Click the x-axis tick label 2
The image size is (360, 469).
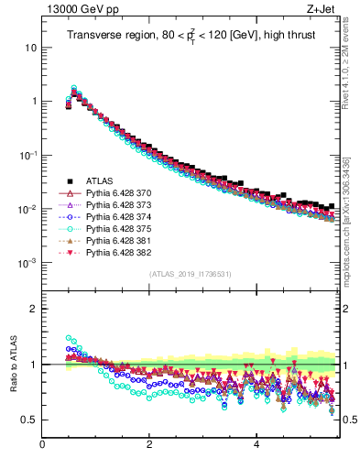click(x=149, y=446)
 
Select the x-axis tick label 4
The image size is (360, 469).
click(x=256, y=446)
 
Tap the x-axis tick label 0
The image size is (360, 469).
click(x=42, y=446)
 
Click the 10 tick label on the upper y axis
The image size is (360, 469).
click(x=30, y=47)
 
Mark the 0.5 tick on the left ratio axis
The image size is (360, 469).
click(x=29, y=420)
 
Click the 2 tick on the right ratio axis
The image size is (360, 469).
click(x=346, y=309)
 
